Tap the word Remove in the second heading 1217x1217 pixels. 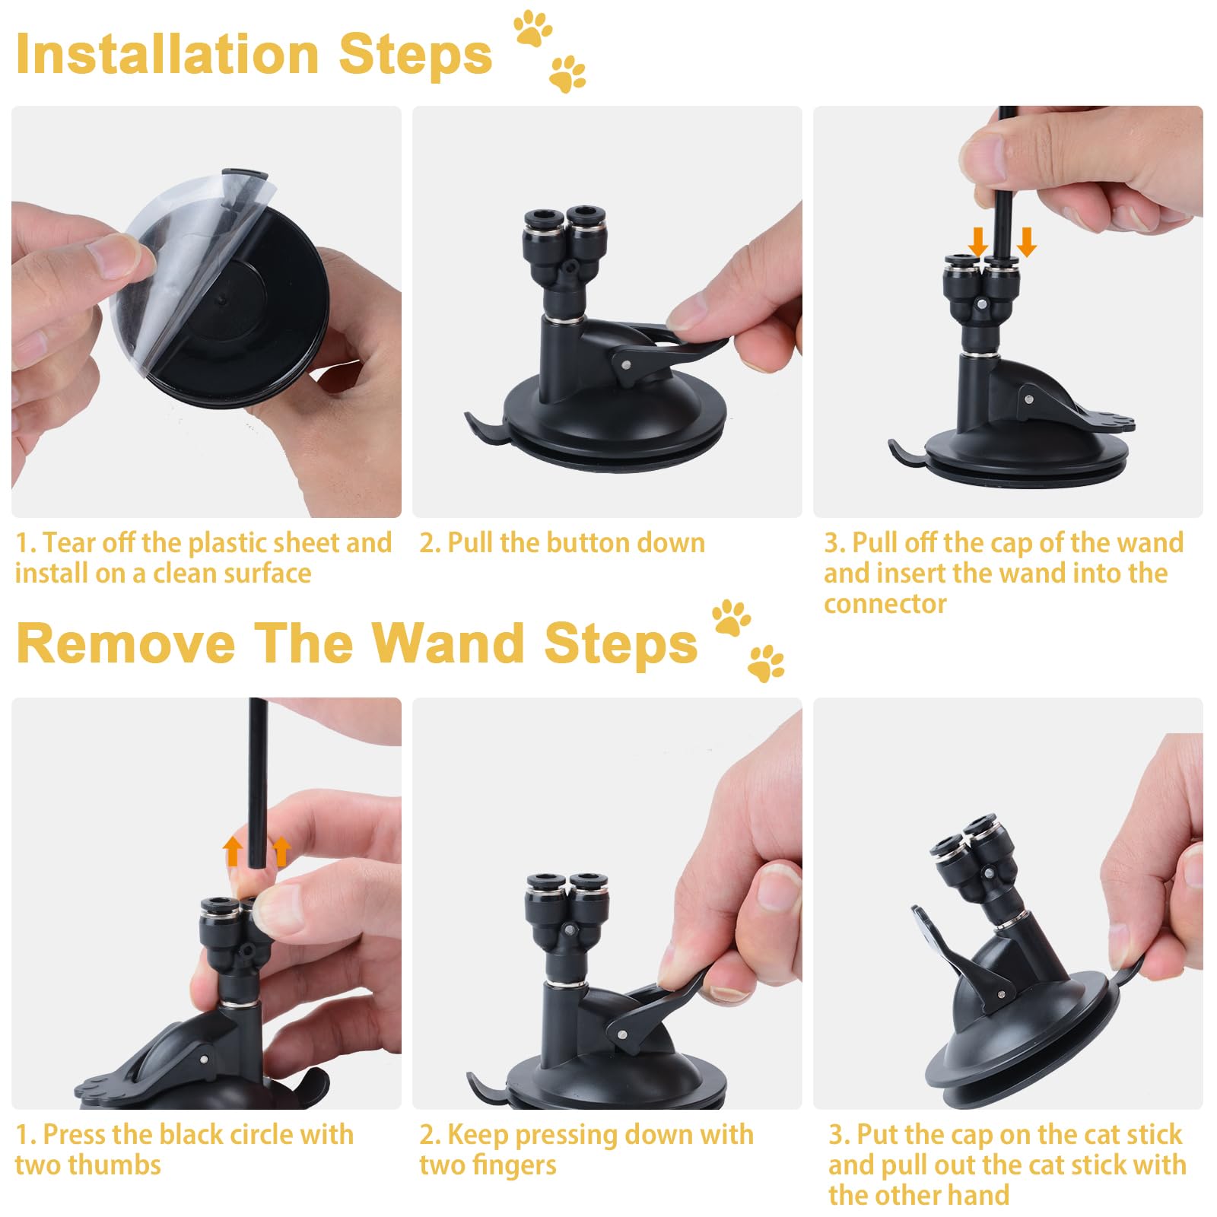point(126,643)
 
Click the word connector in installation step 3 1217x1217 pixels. point(885,604)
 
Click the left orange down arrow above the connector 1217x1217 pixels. point(978,242)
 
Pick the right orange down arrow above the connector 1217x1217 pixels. point(1027,242)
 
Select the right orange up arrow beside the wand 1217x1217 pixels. point(281,852)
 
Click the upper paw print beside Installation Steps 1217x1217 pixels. point(532,28)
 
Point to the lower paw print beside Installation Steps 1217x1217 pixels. point(567,74)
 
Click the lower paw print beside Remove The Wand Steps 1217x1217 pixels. point(765,663)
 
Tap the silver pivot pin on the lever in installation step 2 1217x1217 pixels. point(625,364)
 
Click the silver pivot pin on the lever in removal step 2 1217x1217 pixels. point(622,1033)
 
